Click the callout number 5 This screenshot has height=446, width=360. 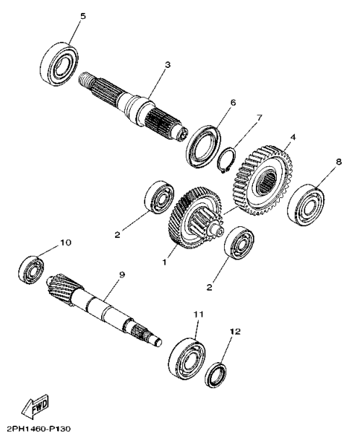[x=82, y=16]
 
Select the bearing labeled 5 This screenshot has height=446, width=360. [x=59, y=64]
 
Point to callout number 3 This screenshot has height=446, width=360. [x=168, y=65]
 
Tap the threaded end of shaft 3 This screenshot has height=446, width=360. [x=85, y=79]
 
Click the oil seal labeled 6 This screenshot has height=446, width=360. [x=204, y=146]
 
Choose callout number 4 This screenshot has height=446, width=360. [x=293, y=137]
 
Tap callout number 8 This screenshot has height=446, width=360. [x=338, y=162]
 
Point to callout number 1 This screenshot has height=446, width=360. [x=164, y=262]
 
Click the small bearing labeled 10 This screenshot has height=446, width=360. [x=31, y=270]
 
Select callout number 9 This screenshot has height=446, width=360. [x=121, y=275]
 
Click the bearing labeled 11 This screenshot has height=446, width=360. [x=187, y=359]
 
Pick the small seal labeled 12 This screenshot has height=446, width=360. [x=216, y=375]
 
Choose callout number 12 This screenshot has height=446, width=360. [x=235, y=331]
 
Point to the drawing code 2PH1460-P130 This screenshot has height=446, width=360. [x=38, y=429]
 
